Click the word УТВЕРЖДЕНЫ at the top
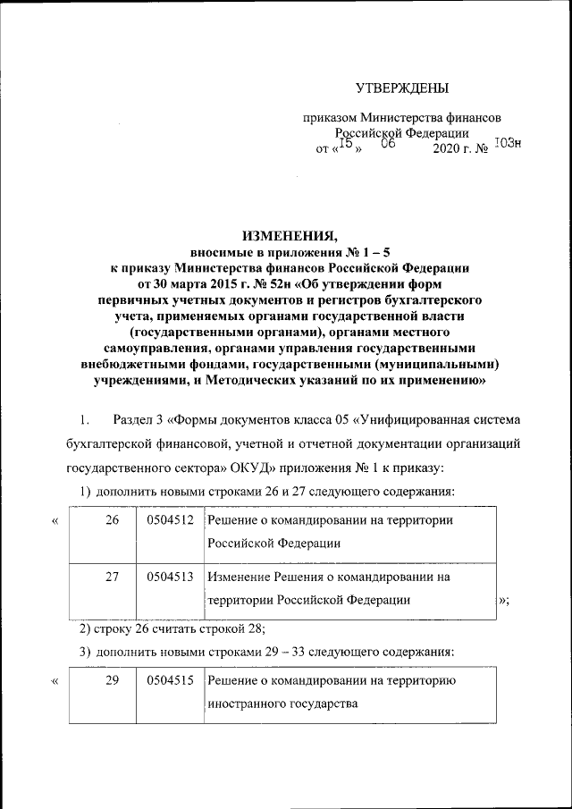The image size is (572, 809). [x=401, y=88]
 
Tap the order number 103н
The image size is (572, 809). [x=507, y=142]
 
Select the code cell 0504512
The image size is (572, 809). [x=171, y=520]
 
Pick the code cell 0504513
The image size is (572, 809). [x=171, y=577]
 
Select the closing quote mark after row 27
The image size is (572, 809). [x=504, y=600]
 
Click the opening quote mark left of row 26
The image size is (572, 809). [x=56, y=521]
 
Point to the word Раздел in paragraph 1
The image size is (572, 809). [x=134, y=419]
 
